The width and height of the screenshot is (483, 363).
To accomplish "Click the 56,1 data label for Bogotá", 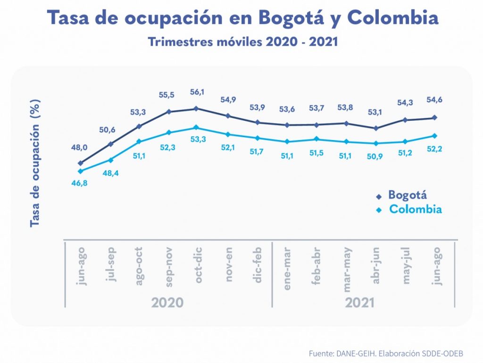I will (x=198, y=92).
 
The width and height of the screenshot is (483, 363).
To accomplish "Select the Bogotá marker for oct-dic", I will (x=198, y=108).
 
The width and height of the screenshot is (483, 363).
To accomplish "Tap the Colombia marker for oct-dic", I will (x=198, y=127).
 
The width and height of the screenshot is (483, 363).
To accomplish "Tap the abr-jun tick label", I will (x=375, y=265).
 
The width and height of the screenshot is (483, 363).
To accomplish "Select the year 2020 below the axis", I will (x=167, y=302).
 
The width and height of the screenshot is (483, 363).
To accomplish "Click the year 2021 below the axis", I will (x=360, y=302).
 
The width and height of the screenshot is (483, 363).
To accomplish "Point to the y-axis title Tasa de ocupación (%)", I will (x=35, y=163).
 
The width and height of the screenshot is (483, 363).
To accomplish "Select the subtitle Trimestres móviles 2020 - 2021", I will (x=243, y=41).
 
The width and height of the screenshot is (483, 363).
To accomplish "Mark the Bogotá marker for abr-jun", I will (x=375, y=128).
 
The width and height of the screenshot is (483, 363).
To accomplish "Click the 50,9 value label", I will (x=375, y=156).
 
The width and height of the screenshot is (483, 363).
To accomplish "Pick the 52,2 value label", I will (x=434, y=149).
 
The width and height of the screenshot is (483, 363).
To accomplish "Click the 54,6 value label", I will (x=434, y=99).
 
